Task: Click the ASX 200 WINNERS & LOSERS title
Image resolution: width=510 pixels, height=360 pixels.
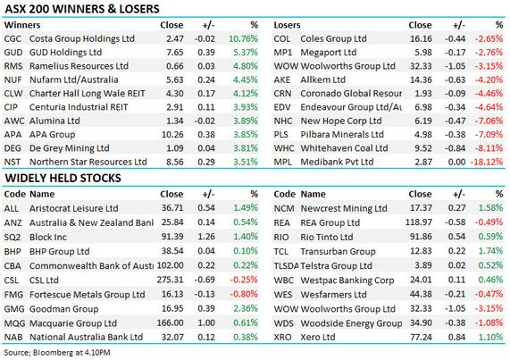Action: coord(82,9)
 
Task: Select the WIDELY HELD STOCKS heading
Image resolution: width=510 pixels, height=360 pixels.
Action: coord(63,178)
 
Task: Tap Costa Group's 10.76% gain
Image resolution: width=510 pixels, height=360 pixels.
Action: coord(243,38)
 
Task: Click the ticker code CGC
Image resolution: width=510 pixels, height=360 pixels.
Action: coord(13,38)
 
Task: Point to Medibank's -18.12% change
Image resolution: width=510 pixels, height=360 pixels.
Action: coord(487,162)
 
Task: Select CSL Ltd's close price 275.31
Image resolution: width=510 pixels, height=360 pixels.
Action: coord(170,280)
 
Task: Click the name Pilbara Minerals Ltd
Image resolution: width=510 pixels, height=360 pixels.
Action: coord(342,134)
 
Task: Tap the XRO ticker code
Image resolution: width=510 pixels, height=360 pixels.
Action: coord(282,338)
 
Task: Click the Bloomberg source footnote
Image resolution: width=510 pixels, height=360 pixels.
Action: coord(57,353)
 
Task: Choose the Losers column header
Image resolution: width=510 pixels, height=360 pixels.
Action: coord(287,25)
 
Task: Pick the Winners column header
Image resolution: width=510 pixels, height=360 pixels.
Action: coord(22,25)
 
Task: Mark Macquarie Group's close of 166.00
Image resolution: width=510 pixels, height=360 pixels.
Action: coord(170,322)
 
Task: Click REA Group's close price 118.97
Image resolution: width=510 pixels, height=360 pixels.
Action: coord(419,222)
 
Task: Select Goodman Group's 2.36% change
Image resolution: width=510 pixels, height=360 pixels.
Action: coord(246,308)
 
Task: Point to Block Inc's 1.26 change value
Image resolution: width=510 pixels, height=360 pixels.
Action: coord(206,237)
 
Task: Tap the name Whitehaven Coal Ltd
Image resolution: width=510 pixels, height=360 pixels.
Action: coord(344,148)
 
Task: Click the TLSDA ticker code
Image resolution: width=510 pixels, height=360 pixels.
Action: coord(286,265)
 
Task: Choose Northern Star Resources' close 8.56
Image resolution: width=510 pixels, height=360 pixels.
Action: coord(175,162)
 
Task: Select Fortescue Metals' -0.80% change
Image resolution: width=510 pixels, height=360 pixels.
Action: coord(244,294)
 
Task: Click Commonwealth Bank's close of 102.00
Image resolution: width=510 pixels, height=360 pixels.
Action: coord(170,265)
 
